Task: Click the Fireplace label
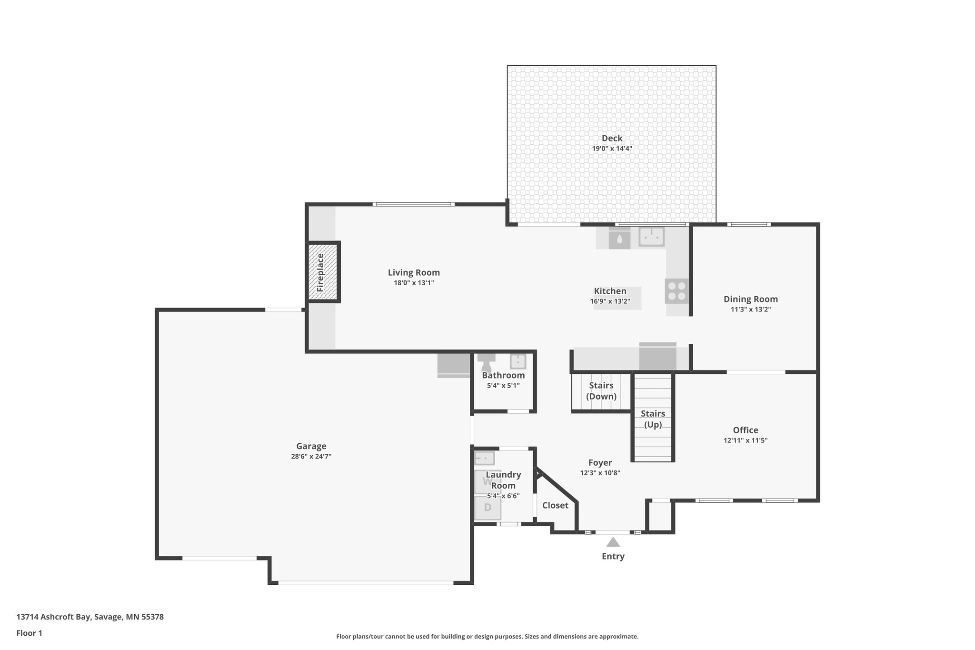tap(320, 272)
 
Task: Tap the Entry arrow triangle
tap(613, 542)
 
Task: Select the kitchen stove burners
tap(677, 291)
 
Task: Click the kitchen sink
tap(651, 237)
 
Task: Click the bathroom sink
tap(517, 361)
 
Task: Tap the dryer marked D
tap(487, 508)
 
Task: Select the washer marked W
tap(487, 481)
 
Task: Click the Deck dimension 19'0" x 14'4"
tap(612, 149)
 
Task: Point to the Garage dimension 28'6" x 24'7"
tap(311, 457)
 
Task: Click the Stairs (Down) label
tap(601, 391)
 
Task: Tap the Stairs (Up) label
tap(653, 419)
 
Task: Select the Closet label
tap(555, 506)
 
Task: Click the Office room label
tap(745, 430)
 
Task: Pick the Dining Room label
tap(750, 300)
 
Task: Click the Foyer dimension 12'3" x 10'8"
tap(600, 473)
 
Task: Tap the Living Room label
tap(413, 273)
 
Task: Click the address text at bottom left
tap(90, 617)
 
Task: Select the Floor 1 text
tap(29, 633)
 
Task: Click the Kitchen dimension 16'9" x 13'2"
tap(610, 301)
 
